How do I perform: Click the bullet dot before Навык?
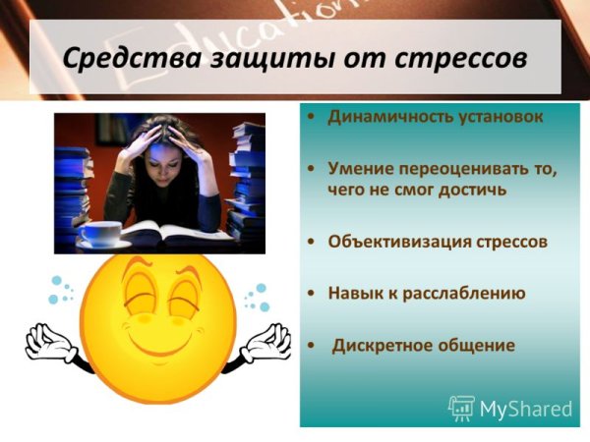[311, 293]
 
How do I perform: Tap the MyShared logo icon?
[461, 408]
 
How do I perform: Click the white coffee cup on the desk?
[99, 234]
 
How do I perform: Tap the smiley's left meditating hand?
[46, 344]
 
